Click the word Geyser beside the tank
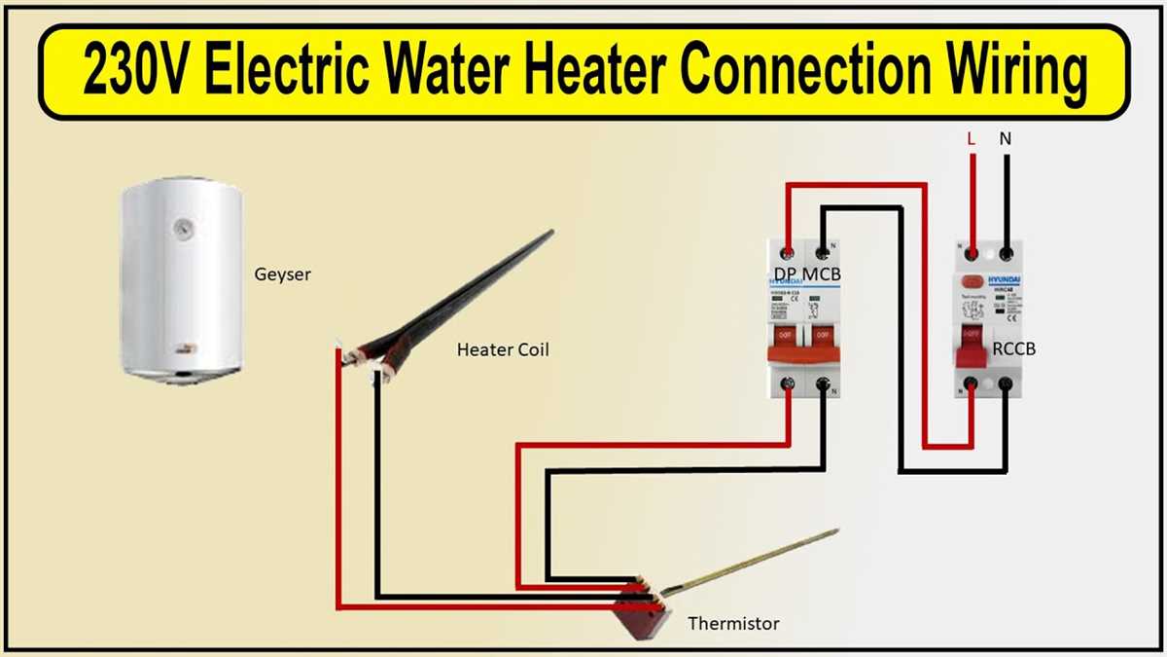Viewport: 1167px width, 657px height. pos(283,274)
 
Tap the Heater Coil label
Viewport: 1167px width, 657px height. pos(503,349)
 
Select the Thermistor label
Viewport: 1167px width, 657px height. pos(733,623)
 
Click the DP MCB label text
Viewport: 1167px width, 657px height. pos(807,275)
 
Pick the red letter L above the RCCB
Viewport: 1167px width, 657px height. pos(971,139)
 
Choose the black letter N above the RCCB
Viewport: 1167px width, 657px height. pos(1005,139)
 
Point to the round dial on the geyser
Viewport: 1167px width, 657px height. pos(182,229)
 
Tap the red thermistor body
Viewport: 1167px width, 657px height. pos(641,613)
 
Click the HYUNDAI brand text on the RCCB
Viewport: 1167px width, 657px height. pos(1002,278)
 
